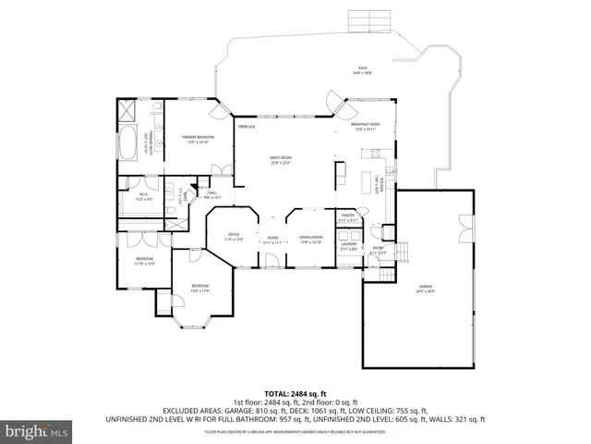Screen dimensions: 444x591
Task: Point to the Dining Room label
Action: (x=309, y=240)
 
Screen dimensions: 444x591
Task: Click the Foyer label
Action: (x=272, y=240)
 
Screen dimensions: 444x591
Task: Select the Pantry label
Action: (x=347, y=216)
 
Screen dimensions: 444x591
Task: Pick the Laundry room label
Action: (x=348, y=247)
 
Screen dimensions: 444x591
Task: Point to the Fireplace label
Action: (x=247, y=126)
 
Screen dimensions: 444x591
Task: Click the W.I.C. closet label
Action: (x=144, y=196)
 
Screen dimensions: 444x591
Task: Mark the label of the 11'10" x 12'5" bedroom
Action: (x=145, y=261)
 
